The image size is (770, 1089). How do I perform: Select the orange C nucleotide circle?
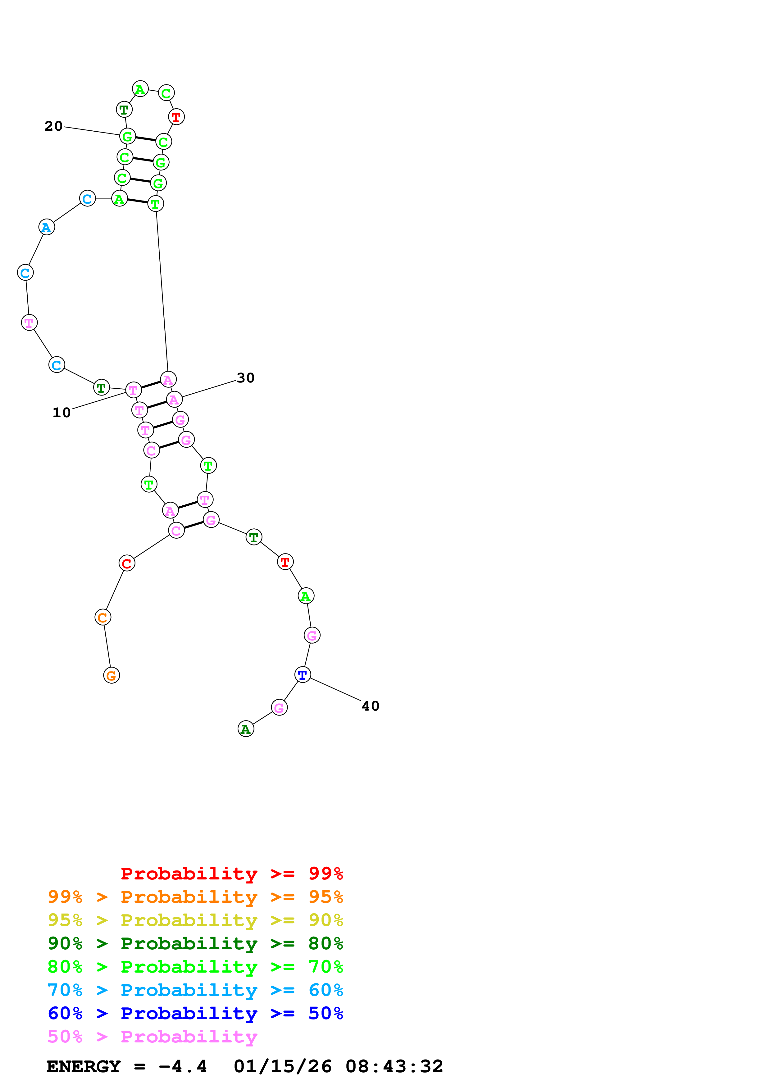click(x=103, y=617)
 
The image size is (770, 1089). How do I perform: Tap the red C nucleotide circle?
click(x=127, y=563)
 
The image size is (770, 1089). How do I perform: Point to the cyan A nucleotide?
click(x=47, y=227)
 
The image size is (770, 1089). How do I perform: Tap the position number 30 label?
click(x=246, y=378)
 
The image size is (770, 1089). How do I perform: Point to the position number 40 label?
click(x=371, y=706)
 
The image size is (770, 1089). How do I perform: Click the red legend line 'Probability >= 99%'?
click(x=232, y=873)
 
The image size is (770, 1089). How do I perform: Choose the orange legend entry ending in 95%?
click(x=195, y=897)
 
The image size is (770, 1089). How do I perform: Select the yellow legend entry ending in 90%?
click(x=195, y=920)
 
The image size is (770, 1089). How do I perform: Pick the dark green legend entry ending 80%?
click(x=195, y=943)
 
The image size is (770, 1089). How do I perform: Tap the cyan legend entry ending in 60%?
click(x=195, y=990)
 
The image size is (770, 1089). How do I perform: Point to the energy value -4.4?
click(x=183, y=1067)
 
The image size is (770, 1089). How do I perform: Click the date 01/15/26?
click(x=283, y=1067)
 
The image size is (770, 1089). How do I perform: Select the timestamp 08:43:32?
click(x=394, y=1067)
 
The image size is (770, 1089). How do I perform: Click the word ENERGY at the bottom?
click(x=84, y=1067)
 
